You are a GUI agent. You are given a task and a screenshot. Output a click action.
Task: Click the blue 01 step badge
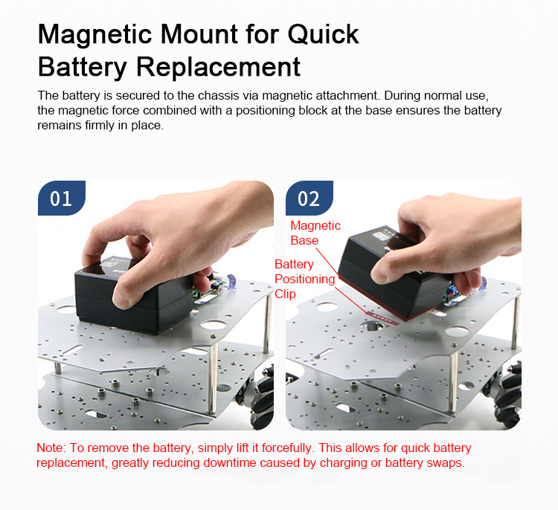tap(62, 198)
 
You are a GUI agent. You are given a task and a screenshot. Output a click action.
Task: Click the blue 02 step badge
tap(310, 198)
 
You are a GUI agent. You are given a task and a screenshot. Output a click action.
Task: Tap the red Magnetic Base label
tap(315, 233)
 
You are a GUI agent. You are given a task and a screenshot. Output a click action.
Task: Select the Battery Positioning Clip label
tap(304, 280)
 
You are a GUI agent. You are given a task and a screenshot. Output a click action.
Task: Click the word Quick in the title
tap(323, 34)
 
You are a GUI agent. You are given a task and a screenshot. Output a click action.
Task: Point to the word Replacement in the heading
tap(218, 67)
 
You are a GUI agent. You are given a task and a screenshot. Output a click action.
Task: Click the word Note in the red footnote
tap(50, 448)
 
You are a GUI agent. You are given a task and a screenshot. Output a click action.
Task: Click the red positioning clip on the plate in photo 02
tap(382, 317)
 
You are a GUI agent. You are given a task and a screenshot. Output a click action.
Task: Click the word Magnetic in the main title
tap(95, 34)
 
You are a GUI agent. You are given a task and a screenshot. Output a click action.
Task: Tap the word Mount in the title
tap(199, 34)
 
